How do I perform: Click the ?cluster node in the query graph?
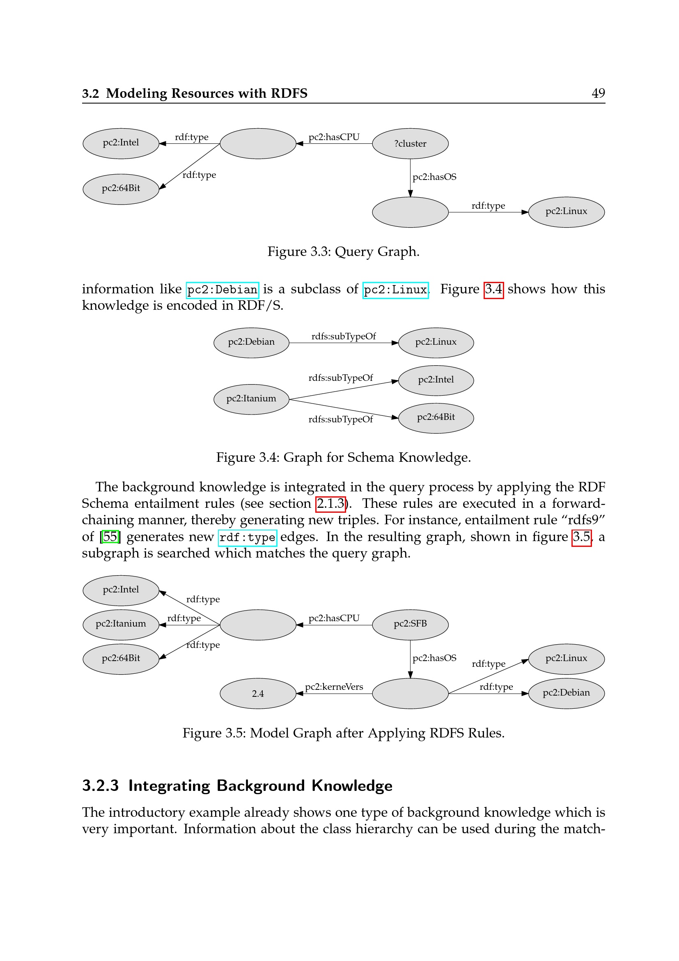coord(410,143)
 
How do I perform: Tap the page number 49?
coord(598,93)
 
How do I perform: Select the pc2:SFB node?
coord(410,624)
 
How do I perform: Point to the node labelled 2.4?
coord(257,694)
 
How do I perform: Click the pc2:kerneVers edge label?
coord(334,687)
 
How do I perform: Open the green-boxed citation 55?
coord(110,537)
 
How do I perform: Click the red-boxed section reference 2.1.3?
coord(330,504)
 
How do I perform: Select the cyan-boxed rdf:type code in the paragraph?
coord(247,537)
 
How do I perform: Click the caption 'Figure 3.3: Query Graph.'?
coord(343,251)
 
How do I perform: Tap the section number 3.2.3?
coord(100,786)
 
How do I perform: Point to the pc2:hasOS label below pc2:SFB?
coord(434,658)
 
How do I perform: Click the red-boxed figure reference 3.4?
coord(493,290)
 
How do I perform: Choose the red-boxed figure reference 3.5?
coord(581,537)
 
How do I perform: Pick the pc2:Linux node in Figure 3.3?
coord(566,212)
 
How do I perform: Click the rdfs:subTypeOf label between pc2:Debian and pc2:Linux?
coord(343,336)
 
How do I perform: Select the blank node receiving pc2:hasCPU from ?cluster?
coord(257,143)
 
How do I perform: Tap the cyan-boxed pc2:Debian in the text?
coord(222,290)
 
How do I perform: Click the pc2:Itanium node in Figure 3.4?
coord(251,399)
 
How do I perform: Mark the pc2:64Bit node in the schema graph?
coord(436,418)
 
